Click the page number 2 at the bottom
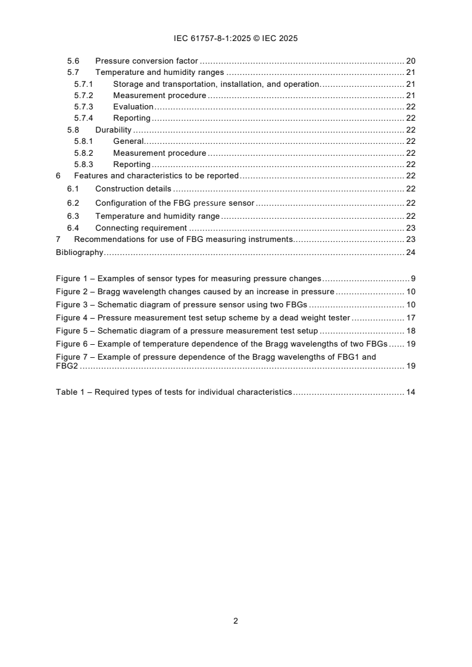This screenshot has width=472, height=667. [x=236, y=621]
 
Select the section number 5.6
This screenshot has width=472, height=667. [x=73, y=61]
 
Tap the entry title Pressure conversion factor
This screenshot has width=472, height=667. [x=146, y=61]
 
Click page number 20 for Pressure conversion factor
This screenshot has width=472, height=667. [x=410, y=61]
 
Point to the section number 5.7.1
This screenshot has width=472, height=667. [x=84, y=84]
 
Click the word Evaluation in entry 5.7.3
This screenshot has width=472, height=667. [x=133, y=106]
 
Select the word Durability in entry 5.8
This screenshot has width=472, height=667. [x=113, y=130]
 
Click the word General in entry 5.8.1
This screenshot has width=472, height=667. [x=129, y=141]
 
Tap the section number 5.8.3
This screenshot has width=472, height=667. [x=84, y=164]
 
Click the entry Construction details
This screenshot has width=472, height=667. [x=133, y=188]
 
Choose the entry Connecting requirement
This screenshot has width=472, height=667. [x=141, y=228]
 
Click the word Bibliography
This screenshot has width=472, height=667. [x=80, y=252]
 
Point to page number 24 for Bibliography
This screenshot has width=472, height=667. [x=410, y=252]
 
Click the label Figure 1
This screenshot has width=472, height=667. [x=73, y=278]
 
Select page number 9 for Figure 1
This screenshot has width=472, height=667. [x=412, y=278]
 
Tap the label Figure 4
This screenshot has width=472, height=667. [x=73, y=317]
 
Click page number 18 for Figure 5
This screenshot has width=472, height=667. [x=410, y=331]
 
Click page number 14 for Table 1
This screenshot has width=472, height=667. [x=410, y=392]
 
